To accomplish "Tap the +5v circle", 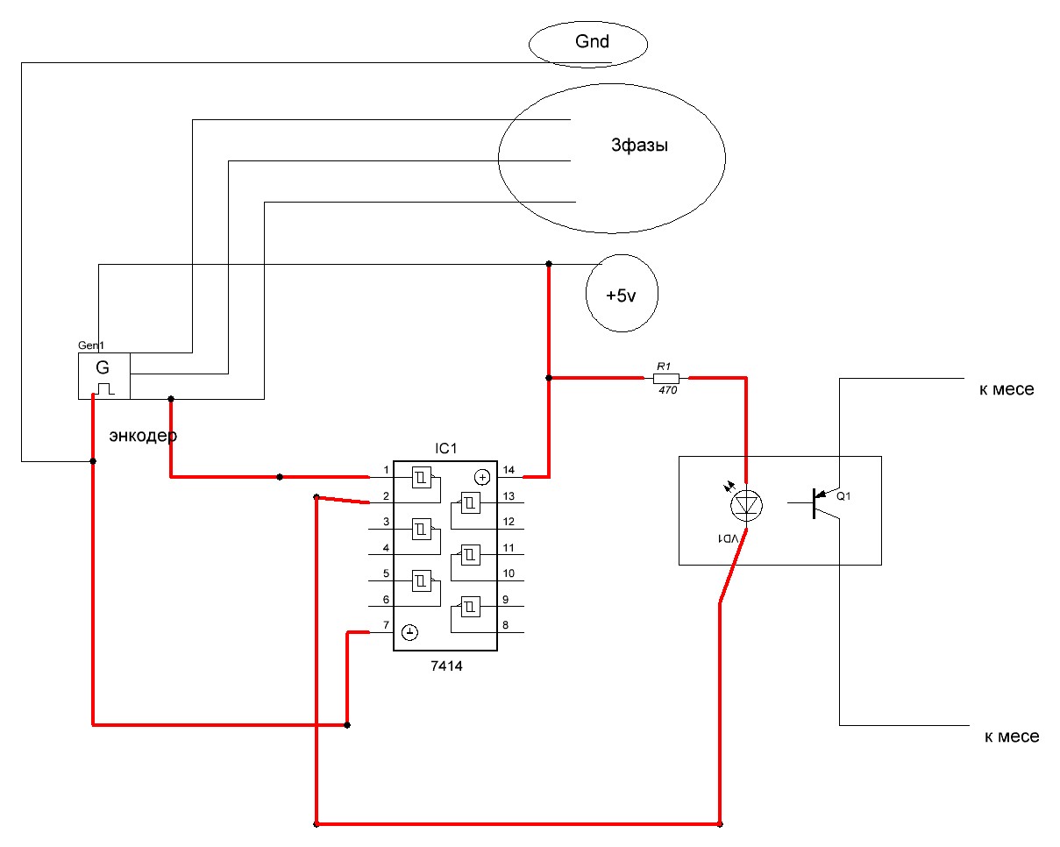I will (x=621, y=295).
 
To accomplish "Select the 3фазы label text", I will (x=639, y=146).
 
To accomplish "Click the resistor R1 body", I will (x=665, y=378).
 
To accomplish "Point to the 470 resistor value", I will (x=665, y=390).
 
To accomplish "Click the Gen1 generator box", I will (x=104, y=375).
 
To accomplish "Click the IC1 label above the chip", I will (x=446, y=449).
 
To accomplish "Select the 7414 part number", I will (x=446, y=665).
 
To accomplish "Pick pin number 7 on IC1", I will (x=386, y=625).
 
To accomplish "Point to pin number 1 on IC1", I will (x=386, y=471).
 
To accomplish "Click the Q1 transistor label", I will (x=843, y=496).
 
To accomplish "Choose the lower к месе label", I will (x=1010, y=737).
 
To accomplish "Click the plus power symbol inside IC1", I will (x=481, y=477).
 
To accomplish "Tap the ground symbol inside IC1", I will (x=410, y=631).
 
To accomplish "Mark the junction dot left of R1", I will (x=548, y=378).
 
